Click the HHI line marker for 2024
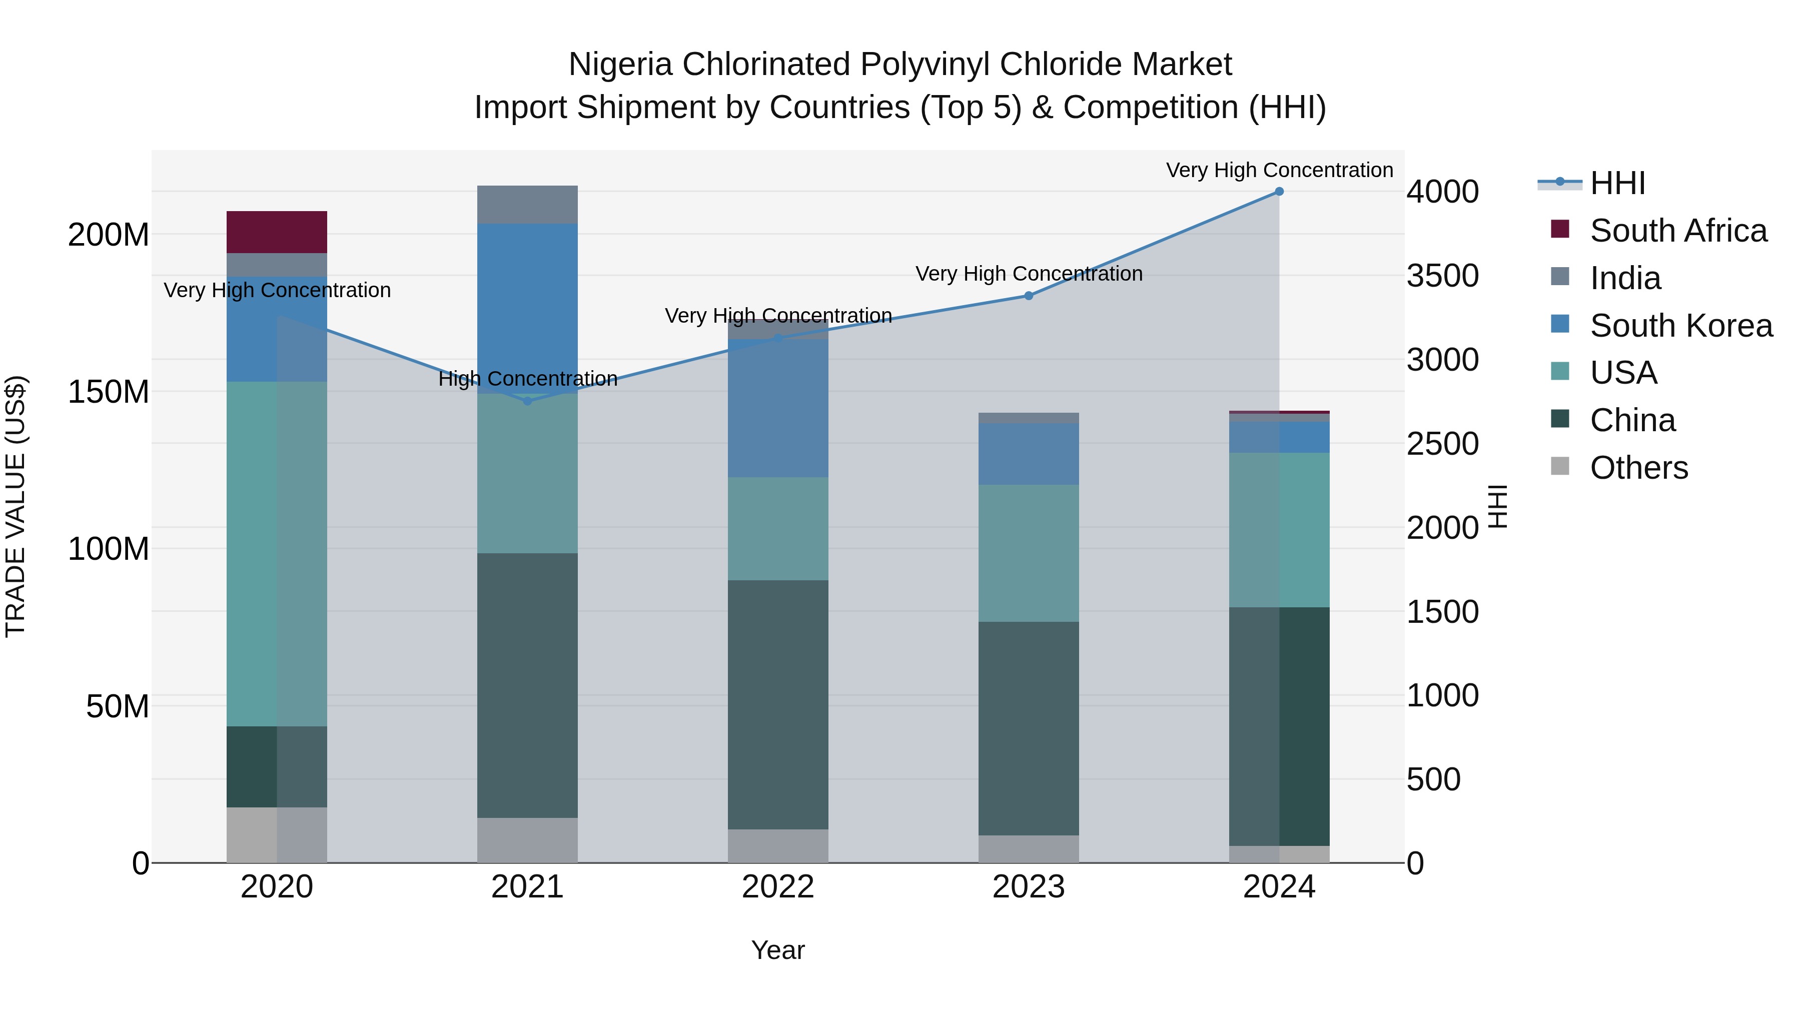tap(1279, 192)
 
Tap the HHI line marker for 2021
tap(528, 401)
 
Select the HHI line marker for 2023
tap(1029, 296)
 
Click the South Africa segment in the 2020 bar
tap(277, 232)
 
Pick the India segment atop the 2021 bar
tap(528, 205)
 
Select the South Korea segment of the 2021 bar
tap(528, 308)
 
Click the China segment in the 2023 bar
tap(1029, 728)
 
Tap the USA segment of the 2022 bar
tap(778, 529)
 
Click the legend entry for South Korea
tap(1681, 326)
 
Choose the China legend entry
tap(1632, 420)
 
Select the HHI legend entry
tap(1617, 183)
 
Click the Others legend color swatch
tap(1560, 466)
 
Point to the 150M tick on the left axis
tap(109, 392)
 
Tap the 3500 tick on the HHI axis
tap(1442, 276)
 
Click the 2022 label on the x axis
tap(778, 887)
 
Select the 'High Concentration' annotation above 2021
tap(528, 379)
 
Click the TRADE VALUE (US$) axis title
tap(16, 506)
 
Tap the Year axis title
tap(777, 950)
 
